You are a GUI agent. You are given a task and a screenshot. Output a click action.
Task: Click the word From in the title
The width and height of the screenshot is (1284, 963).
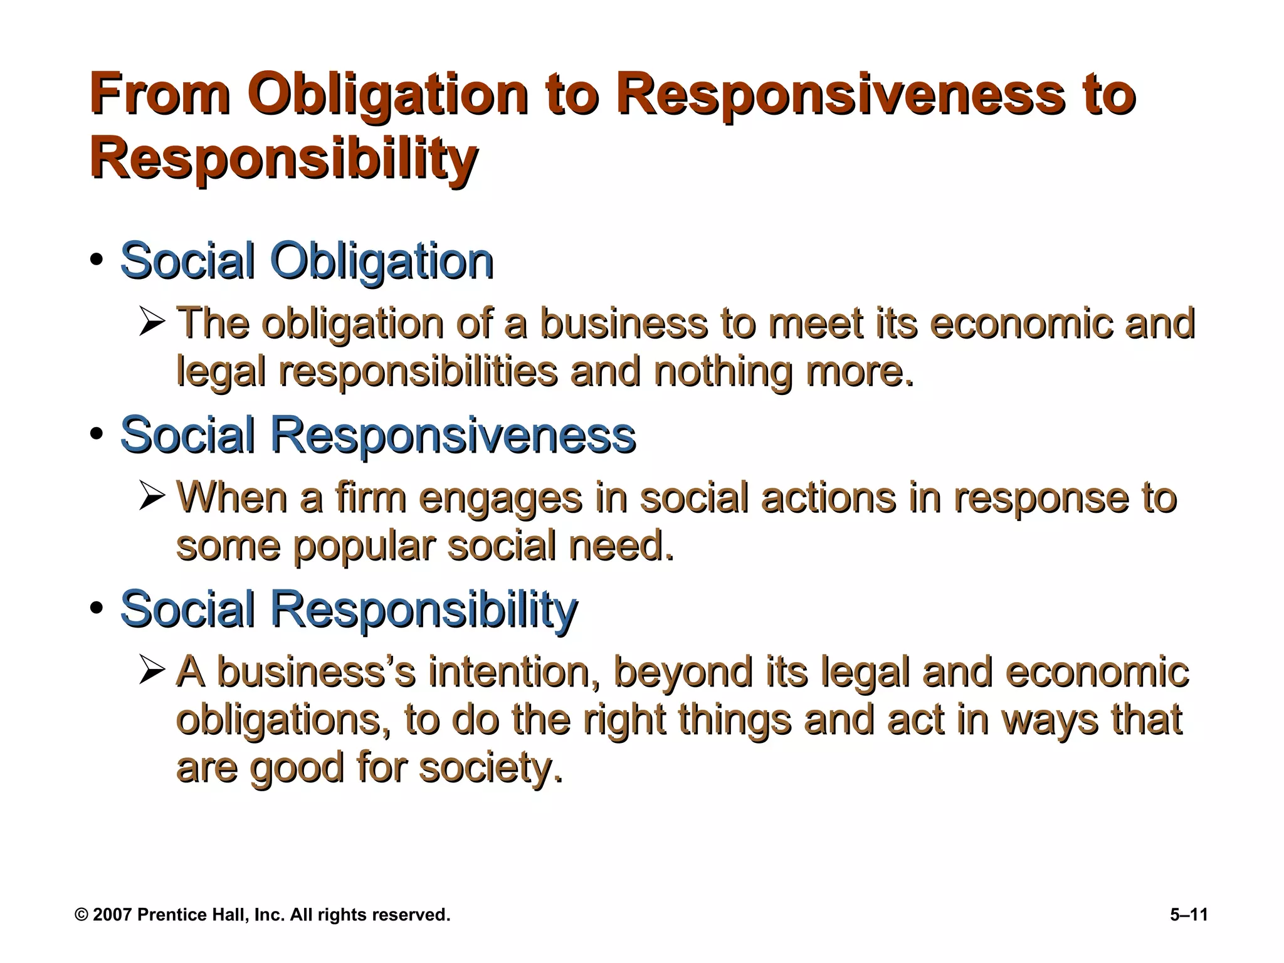click(x=160, y=95)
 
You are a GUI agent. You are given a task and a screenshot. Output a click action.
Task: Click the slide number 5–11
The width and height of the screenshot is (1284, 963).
click(x=1189, y=915)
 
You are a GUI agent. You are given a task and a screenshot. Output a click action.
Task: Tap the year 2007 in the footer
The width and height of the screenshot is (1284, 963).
click(x=112, y=915)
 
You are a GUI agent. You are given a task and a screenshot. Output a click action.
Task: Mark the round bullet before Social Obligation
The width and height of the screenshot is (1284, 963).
click(x=96, y=260)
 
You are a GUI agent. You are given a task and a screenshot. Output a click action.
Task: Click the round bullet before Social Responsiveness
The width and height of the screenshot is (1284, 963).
click(x=96, y=434)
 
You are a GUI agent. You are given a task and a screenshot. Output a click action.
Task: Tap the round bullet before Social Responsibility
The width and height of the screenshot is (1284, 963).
click(x=96, y=608)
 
